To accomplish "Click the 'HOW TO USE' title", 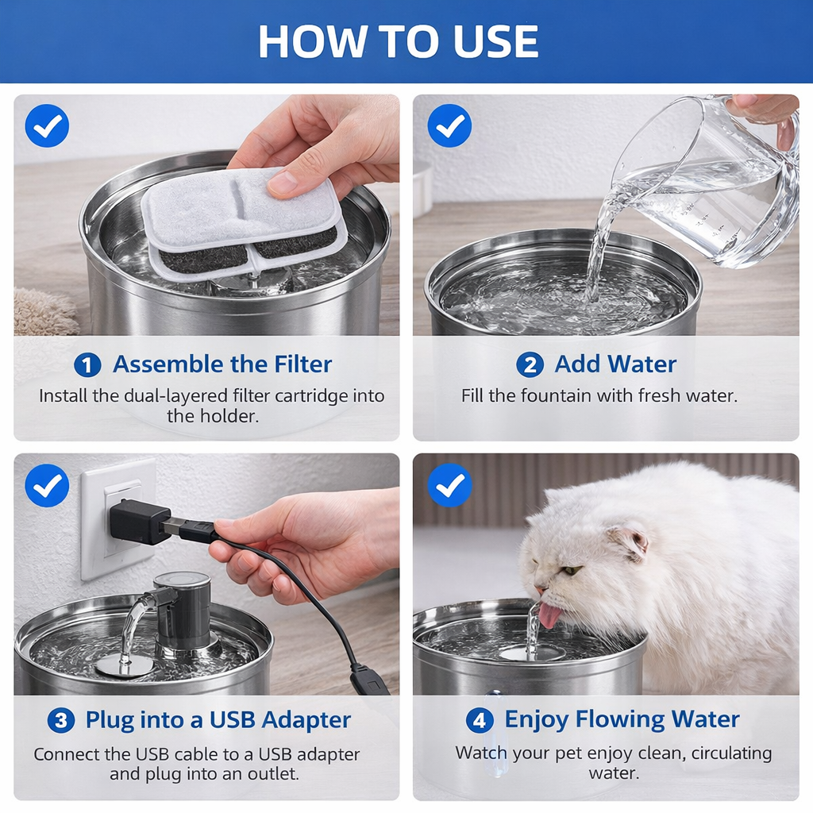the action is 399,41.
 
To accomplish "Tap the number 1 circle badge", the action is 87,365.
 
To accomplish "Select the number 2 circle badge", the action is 530,364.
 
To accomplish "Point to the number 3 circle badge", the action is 60,721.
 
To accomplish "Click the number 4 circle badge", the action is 480,720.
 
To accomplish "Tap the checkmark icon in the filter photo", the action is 47,125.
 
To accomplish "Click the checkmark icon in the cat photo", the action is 449,485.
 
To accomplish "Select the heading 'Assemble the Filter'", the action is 222,364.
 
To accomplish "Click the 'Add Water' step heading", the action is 615,364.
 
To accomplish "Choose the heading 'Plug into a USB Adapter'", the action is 218,720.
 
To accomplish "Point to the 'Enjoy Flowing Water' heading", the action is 622,719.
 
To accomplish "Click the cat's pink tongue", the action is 549,615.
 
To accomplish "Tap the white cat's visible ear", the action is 630,541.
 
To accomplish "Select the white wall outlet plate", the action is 118,519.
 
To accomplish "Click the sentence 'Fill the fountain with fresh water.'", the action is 599,395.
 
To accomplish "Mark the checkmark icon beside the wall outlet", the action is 47,485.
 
